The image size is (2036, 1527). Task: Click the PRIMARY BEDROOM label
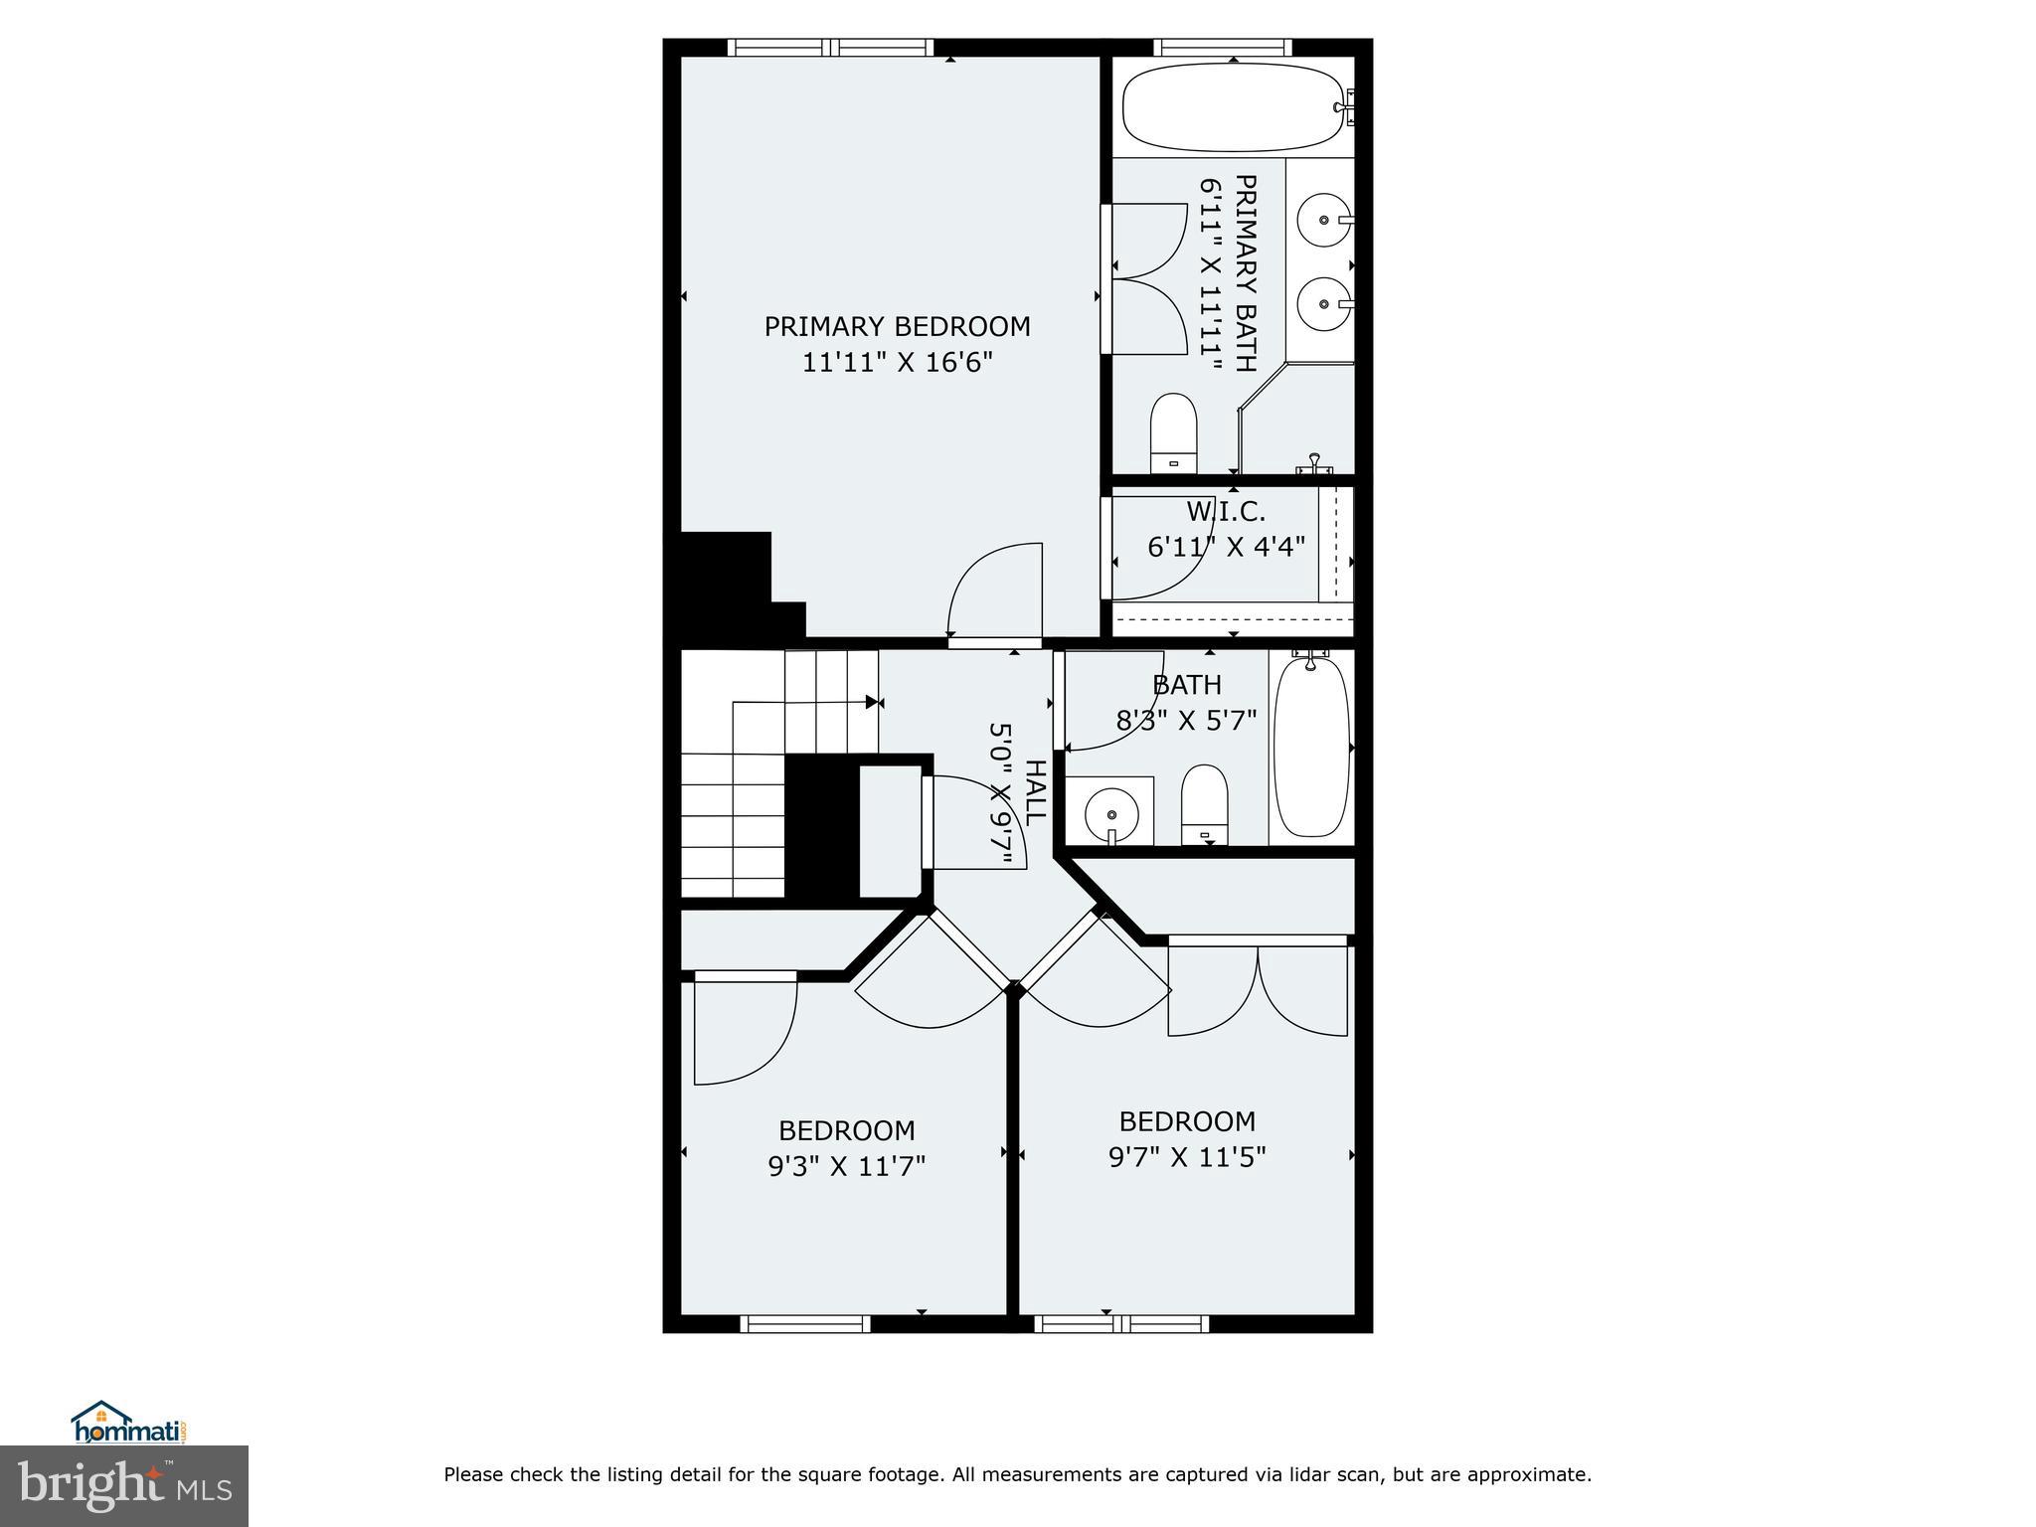(x=897, y=326)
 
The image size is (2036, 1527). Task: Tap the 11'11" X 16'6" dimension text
(x=897, y=362)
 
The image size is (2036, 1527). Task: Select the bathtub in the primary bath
(x=1231, y=106)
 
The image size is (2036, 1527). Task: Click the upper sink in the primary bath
(x=1323, y=220)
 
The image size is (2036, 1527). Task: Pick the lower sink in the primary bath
(x=1323, y=304)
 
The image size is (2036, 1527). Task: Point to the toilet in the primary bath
(x=1173, y=433)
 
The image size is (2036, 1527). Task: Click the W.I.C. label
(x=1226, y=512)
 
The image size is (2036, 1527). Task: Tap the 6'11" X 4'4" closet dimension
(x=1226, y=547)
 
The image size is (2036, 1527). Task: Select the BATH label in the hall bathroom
(x=1187, y=685)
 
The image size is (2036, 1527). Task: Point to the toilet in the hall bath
(x=1204, y=803)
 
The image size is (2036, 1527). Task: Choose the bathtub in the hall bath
(x=1311, y=746)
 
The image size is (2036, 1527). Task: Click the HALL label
(x=1035, y=792)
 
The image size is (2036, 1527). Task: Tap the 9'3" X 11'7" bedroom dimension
(x=846, y=1165)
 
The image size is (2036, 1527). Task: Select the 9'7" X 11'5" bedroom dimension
(x=1187, y=1157)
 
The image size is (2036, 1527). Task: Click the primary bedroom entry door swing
(x=994, y=592)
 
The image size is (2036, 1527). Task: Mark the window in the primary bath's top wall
(x=1223, y=47)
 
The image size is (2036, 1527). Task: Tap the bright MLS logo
(x=124, y=1485)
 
